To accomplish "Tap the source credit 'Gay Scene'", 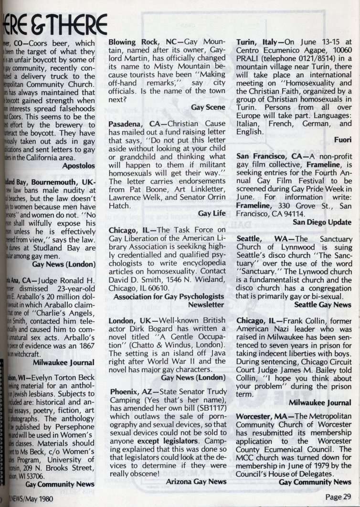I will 208,107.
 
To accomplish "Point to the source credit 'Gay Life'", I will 212,213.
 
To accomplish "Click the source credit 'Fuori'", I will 342,140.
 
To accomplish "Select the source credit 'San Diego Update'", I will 322,222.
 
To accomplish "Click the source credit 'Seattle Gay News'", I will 323,304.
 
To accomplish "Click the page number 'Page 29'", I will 338,496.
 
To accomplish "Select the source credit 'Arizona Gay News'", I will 196,482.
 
